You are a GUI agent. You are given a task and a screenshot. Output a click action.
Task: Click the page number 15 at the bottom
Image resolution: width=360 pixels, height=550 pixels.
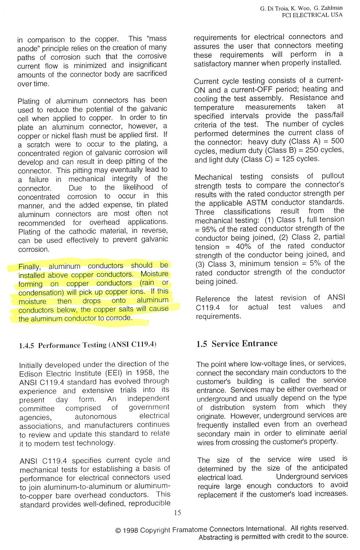[x=177, y=513]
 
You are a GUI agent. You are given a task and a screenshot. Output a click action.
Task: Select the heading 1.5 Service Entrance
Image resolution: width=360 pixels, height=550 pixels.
[x=237, y=343]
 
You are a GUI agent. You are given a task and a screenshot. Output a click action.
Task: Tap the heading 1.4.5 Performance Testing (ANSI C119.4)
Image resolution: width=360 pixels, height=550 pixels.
[x=87, y=345]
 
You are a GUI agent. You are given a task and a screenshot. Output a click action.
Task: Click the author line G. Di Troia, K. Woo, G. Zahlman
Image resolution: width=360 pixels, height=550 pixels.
[x=301, y=8]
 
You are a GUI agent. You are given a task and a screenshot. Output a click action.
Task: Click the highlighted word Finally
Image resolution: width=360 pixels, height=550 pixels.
[x=29, y=267]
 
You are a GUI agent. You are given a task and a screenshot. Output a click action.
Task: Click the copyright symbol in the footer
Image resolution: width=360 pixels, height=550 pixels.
[x=118, y=530]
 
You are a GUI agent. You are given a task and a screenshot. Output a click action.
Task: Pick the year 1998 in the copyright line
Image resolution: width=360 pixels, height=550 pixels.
[x=131, y=530]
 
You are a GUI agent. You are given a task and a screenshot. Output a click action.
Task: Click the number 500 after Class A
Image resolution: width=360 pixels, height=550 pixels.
[x=337, y=141]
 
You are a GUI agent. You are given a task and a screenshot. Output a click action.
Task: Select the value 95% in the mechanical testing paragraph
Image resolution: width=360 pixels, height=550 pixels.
[x=209, y=228]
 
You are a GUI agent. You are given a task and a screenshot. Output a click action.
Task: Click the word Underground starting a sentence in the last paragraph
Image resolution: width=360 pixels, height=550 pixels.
[x=297, y=476]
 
